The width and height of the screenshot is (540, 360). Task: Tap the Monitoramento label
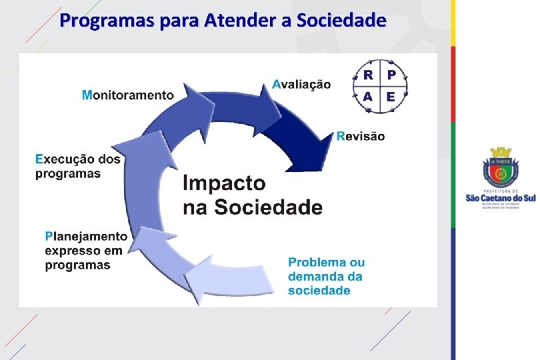[x=127, y=95]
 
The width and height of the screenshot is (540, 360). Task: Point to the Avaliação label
[x=301, y=84]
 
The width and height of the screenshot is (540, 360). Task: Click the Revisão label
[x=361, y=136]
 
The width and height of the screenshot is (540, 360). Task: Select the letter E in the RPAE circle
[x=391, y=97]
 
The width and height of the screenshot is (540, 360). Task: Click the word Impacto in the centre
[x=224, y=183]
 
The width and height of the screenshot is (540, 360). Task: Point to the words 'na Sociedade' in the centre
[x=253, y=207]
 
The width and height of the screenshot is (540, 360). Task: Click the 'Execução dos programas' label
[x=78, y=166]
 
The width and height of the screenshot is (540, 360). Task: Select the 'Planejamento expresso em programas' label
[x=85, y=250]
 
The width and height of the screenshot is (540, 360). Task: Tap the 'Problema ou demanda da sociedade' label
[x=327, y=276]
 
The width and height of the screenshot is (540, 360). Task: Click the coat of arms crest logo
[x=500, y=169]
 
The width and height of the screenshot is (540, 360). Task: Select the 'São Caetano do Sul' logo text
[x=500, y=198]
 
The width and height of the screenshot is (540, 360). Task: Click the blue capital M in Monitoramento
[x=87, y=95]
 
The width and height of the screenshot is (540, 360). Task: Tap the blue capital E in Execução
[x=39, y=159]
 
